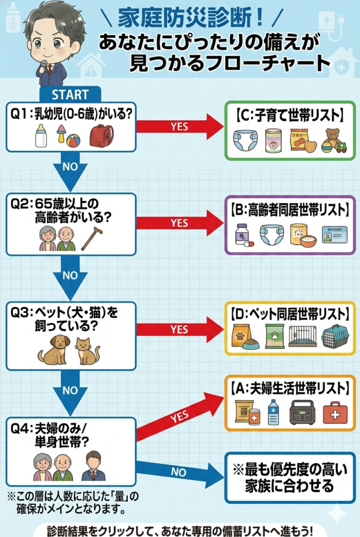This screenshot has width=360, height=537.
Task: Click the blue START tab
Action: coord(70,94)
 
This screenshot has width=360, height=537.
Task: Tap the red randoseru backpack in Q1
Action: coord(102,136)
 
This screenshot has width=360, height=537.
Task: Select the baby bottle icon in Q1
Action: coord(40,136)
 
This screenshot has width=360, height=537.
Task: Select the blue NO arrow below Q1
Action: coord(70,171)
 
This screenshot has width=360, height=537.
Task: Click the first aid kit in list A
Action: coord(334,412)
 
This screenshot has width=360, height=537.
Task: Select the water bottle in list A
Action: coord(273,412)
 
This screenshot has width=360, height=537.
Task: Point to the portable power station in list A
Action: coord(302,412)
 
